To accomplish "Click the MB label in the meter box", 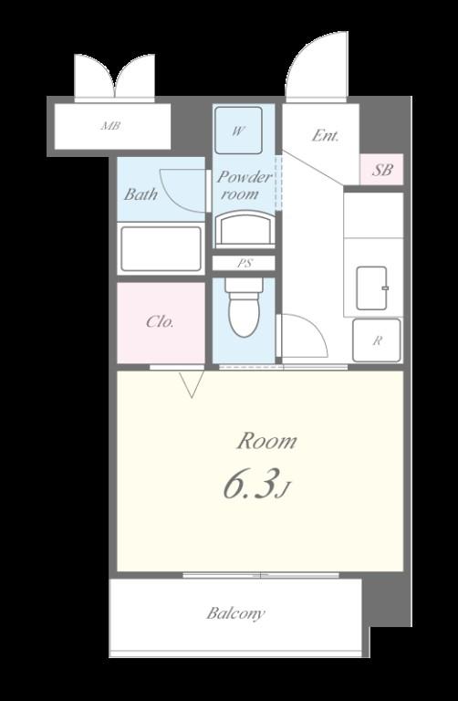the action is [110, 126].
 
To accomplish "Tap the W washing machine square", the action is [238, 131].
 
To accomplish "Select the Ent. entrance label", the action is [326, 135].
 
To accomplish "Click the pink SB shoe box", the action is [381, 170].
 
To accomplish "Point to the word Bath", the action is [141, 194].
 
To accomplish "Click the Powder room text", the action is [244, 185].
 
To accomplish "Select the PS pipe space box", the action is [244, 263].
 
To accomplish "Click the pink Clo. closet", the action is [161, 323].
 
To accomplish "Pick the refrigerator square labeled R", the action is [377, 340].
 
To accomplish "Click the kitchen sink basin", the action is [371, 288].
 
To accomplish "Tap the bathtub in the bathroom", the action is [161, 248].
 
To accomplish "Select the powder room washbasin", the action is [245, 229].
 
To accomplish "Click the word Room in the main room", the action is [266, 442].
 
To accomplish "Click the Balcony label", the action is [235, 613].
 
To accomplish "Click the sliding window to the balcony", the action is [261, 575].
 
